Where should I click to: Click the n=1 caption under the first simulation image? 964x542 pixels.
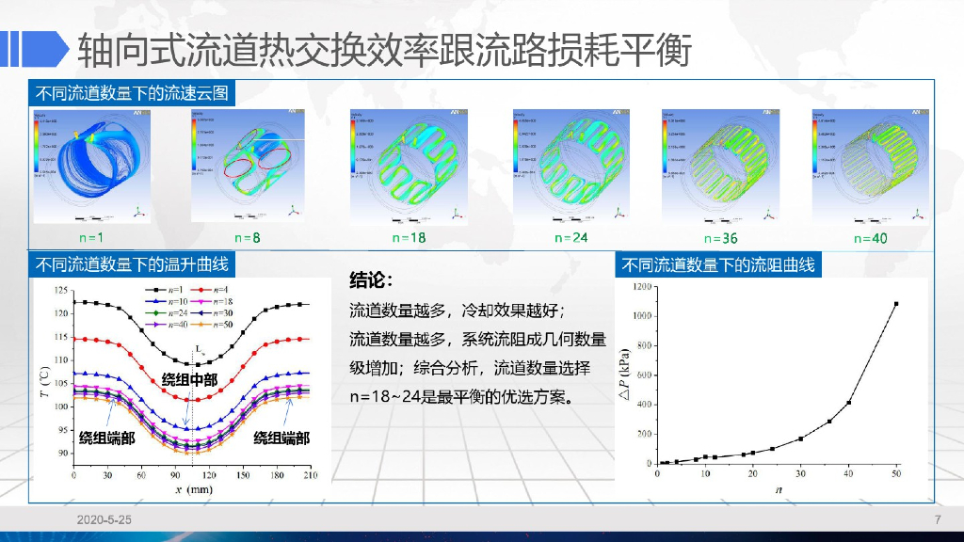pos(90,238)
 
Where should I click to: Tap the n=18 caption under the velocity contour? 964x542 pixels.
pos(410,238)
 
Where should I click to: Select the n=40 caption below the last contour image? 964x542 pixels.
pos(870,238)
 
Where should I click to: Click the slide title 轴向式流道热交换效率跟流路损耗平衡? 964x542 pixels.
pos(384,49)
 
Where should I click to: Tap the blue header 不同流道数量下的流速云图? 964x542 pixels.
pos(131,93)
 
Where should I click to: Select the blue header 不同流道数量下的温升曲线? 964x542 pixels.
pos(131,264)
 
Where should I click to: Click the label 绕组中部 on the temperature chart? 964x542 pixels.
pos(188,379)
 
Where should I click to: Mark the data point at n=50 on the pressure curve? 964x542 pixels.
pos(895,304)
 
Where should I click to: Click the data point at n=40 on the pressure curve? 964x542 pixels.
pos(848,403)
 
